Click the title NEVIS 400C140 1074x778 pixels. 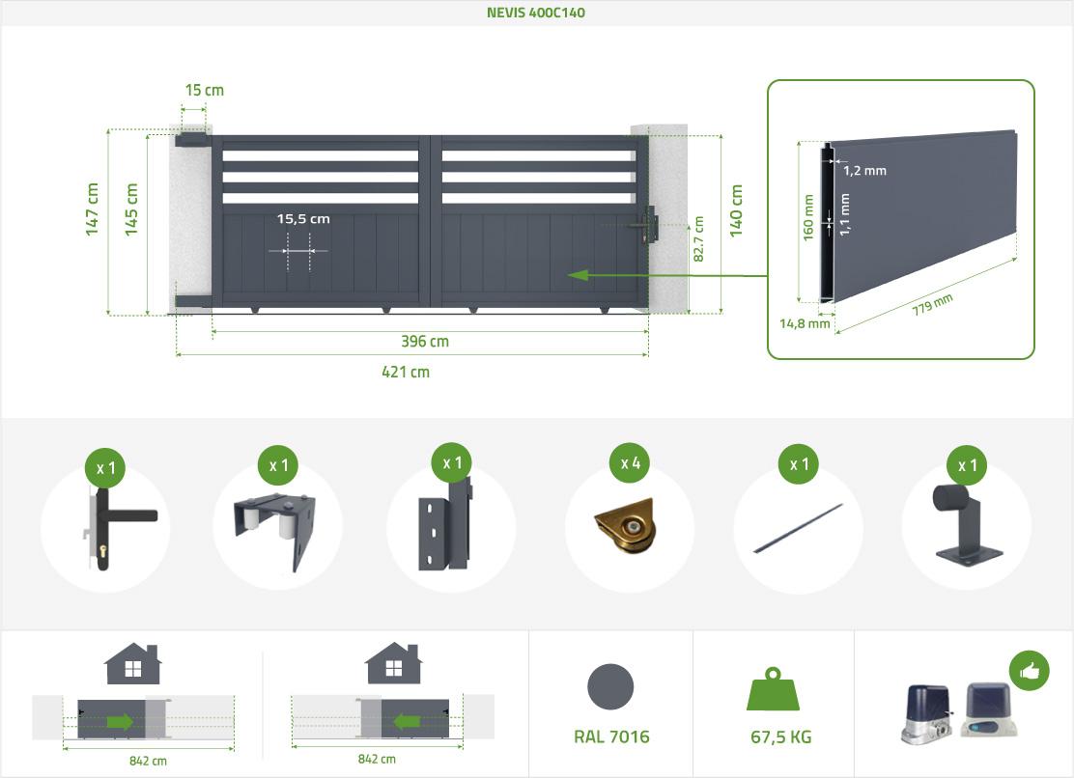[x=536, y=13]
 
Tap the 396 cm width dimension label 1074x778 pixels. [x=425, y=342]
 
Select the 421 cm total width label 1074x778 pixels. [x=406, y=373]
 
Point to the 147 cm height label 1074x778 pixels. [x=92, y=209]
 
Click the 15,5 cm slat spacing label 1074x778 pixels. [x=303, y=219]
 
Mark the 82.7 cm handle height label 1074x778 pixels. [x=698, y=238]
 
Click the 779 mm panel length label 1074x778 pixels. [x=932, y=304]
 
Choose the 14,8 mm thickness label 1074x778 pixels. [x=805, y=323]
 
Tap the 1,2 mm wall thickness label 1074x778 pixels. [x=864, y=171]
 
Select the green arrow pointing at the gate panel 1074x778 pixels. [x=667, y=275]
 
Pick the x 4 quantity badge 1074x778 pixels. [x=630, y=463]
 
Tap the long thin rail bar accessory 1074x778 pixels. [x=799, y=528]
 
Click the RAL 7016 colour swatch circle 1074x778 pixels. [x=610, y=687]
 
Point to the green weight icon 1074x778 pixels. [x=774, y=690]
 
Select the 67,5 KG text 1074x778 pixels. [x=780, y=736]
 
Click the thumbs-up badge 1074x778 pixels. [x=1029, y=671]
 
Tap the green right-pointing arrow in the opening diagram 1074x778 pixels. [x=121, y=722]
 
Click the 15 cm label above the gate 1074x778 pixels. [x=204, y=91]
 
